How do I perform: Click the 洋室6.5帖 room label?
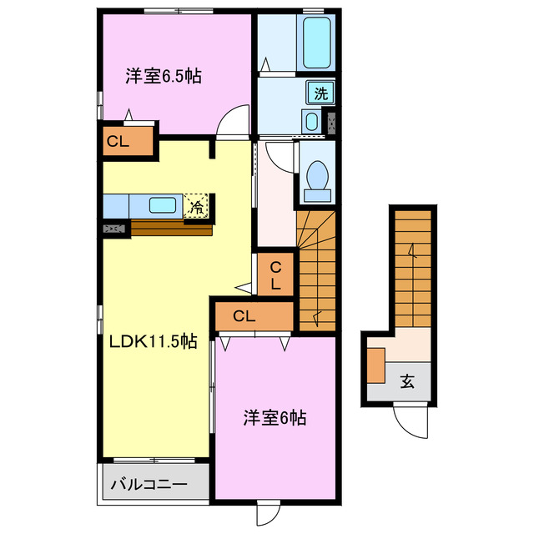pos(164,76)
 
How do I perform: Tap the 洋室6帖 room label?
pos(275,417)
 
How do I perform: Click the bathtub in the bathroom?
pos(317,42)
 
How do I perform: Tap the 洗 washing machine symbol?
pos(320,92)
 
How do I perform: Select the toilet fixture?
pos(318,179)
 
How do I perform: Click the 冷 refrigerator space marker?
pos(196,206)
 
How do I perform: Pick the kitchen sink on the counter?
pos(163,205)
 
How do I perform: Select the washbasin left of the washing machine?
pos(312,122)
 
